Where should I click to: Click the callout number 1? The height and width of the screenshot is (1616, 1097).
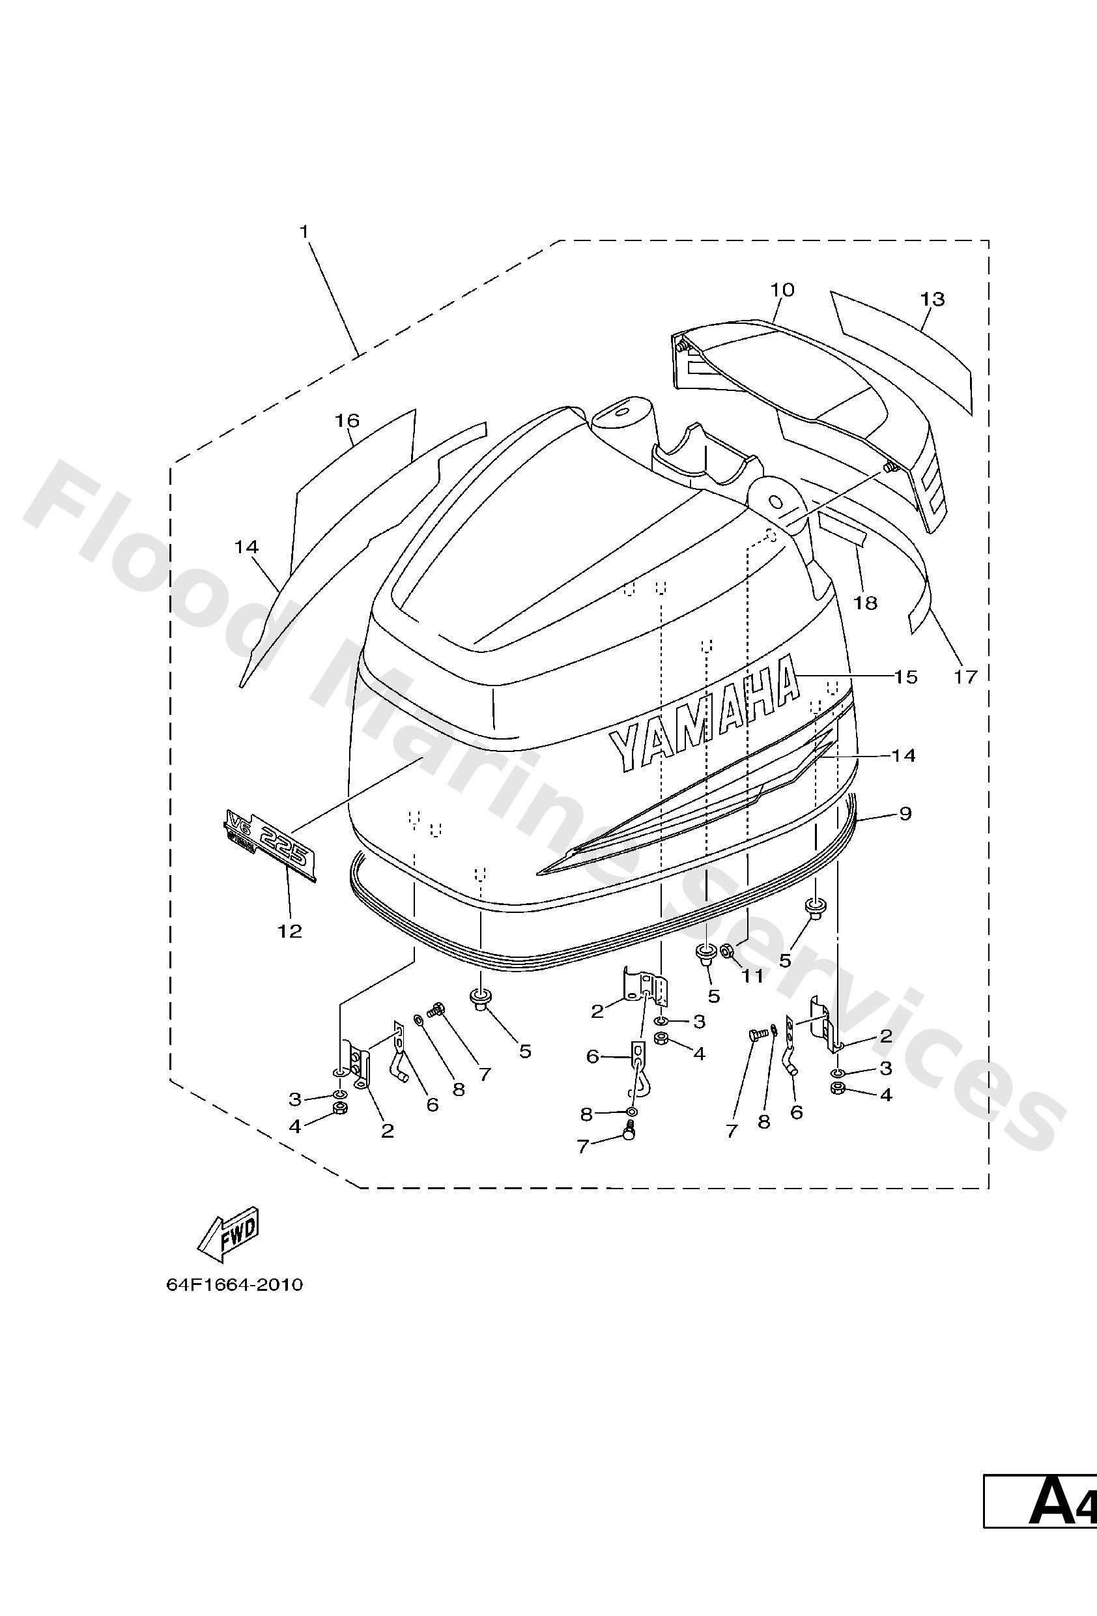tap(304, 231)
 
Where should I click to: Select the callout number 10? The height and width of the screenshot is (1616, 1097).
tap(782, 289)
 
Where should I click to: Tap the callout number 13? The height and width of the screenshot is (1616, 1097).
tap(932, 299)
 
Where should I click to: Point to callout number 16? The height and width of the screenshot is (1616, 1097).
tap(347, 420)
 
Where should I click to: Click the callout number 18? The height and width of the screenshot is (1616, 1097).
tap(866, 602)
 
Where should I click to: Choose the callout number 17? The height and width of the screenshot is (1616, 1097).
tap(966, 675)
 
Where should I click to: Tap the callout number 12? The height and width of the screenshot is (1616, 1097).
tap(290, 931)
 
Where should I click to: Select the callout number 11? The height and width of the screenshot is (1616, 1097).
tap(752, 975)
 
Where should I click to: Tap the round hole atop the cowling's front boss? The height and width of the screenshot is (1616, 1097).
tap(617, 412)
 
